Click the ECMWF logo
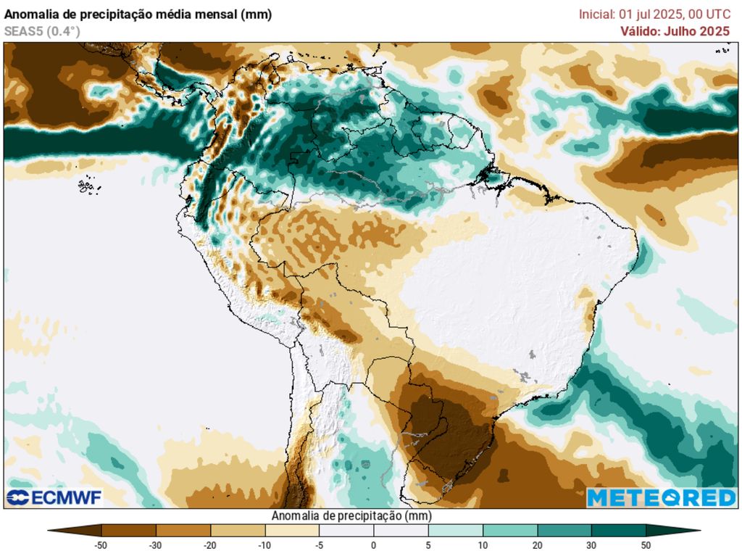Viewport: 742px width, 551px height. tap(54, 497)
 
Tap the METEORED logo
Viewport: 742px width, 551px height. tap(661, 497)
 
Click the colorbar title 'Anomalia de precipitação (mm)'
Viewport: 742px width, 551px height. tap(351, 515)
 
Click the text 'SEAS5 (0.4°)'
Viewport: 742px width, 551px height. tap(42, 31)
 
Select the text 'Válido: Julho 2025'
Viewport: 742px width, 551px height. tap(675, 31)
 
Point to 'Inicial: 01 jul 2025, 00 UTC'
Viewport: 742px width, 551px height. tap(654, 14)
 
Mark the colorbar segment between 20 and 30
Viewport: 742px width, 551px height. tap(564, 530)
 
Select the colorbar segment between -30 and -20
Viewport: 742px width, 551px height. tap(183, 530)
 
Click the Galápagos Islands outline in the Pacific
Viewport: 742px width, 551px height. tap(87, 186)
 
